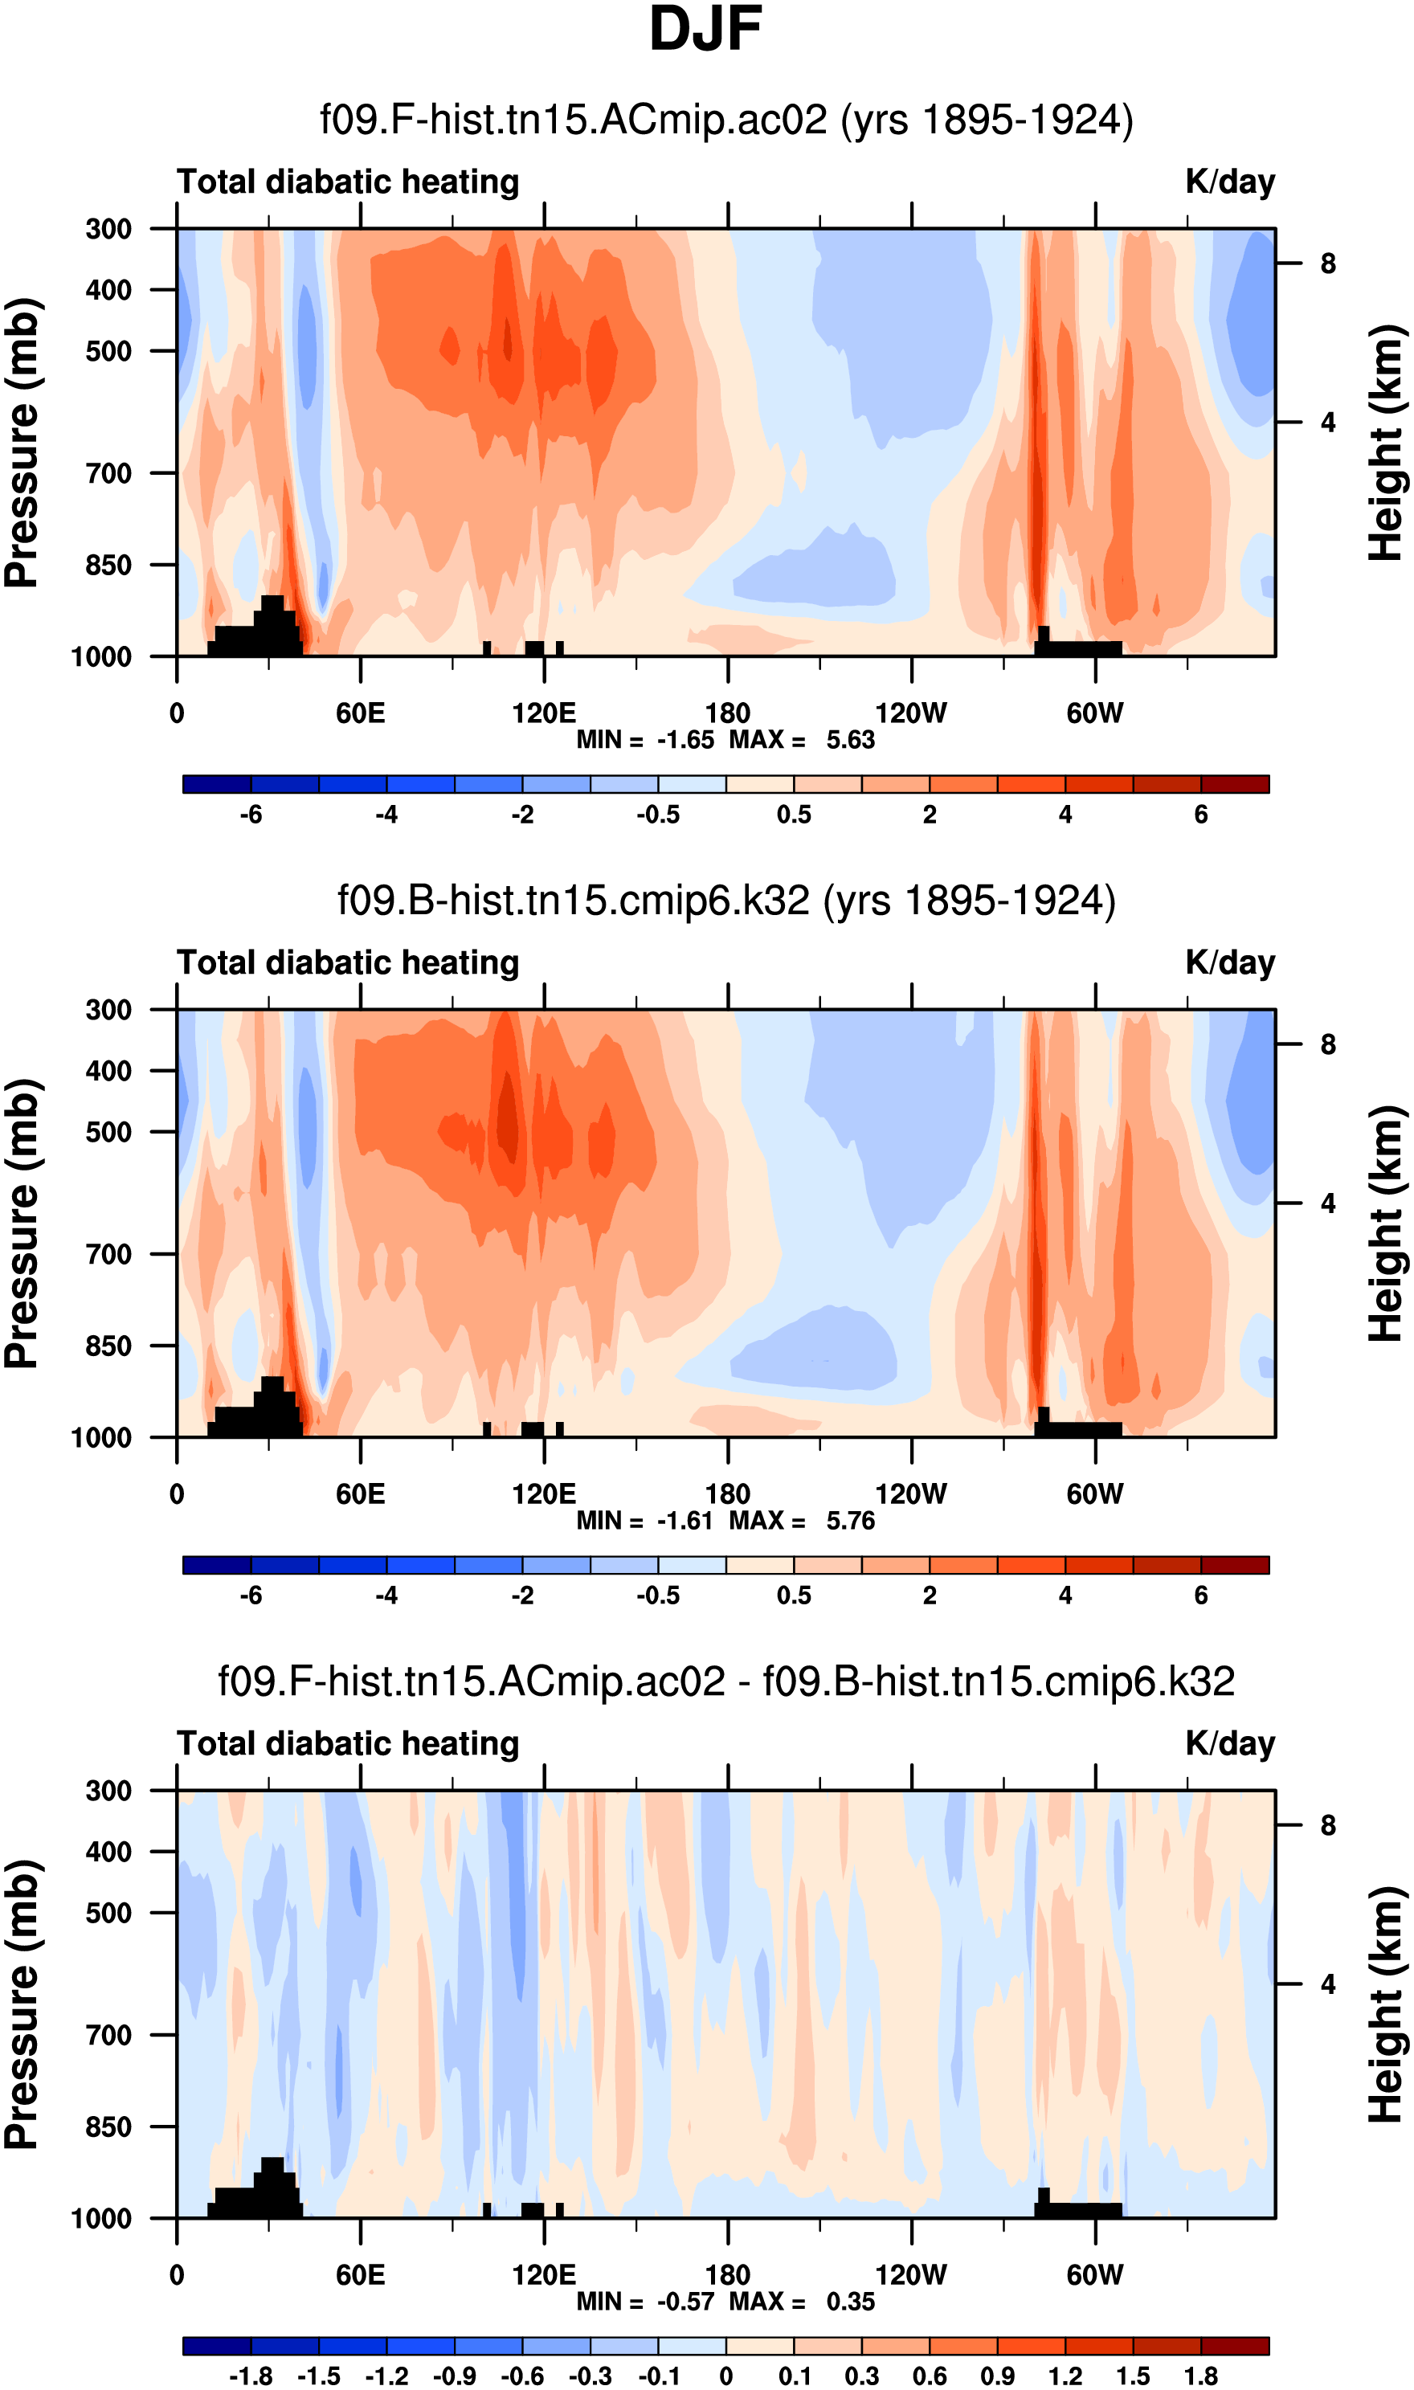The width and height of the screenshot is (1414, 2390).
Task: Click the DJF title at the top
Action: coord(705,30)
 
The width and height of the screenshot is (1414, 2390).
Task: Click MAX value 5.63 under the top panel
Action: coord(850,740)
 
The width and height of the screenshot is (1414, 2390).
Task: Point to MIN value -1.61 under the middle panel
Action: coord(685,1522)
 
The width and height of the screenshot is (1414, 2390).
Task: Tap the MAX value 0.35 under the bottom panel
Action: coord(850,2302)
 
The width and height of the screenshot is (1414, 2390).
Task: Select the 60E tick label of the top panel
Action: coord(360,713)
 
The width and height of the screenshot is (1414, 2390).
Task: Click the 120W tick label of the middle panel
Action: coord(911,1494)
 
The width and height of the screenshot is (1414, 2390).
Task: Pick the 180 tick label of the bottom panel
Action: coord(727,2276)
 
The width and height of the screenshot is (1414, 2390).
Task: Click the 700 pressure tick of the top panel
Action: coord(108,473)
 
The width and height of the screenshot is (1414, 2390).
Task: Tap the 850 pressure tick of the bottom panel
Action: coord(108,2127)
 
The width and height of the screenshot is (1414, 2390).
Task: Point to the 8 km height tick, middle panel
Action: coord(1327,1045)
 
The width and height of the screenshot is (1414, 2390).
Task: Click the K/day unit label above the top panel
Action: coord(1229,182)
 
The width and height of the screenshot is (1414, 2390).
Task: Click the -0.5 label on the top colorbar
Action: coord(659,815)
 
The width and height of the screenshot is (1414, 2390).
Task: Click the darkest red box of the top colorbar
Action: coord(1235,785)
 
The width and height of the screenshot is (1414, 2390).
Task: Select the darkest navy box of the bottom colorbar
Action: coord(217,2346)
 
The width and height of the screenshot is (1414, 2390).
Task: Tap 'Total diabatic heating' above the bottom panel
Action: coord(348,1744)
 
